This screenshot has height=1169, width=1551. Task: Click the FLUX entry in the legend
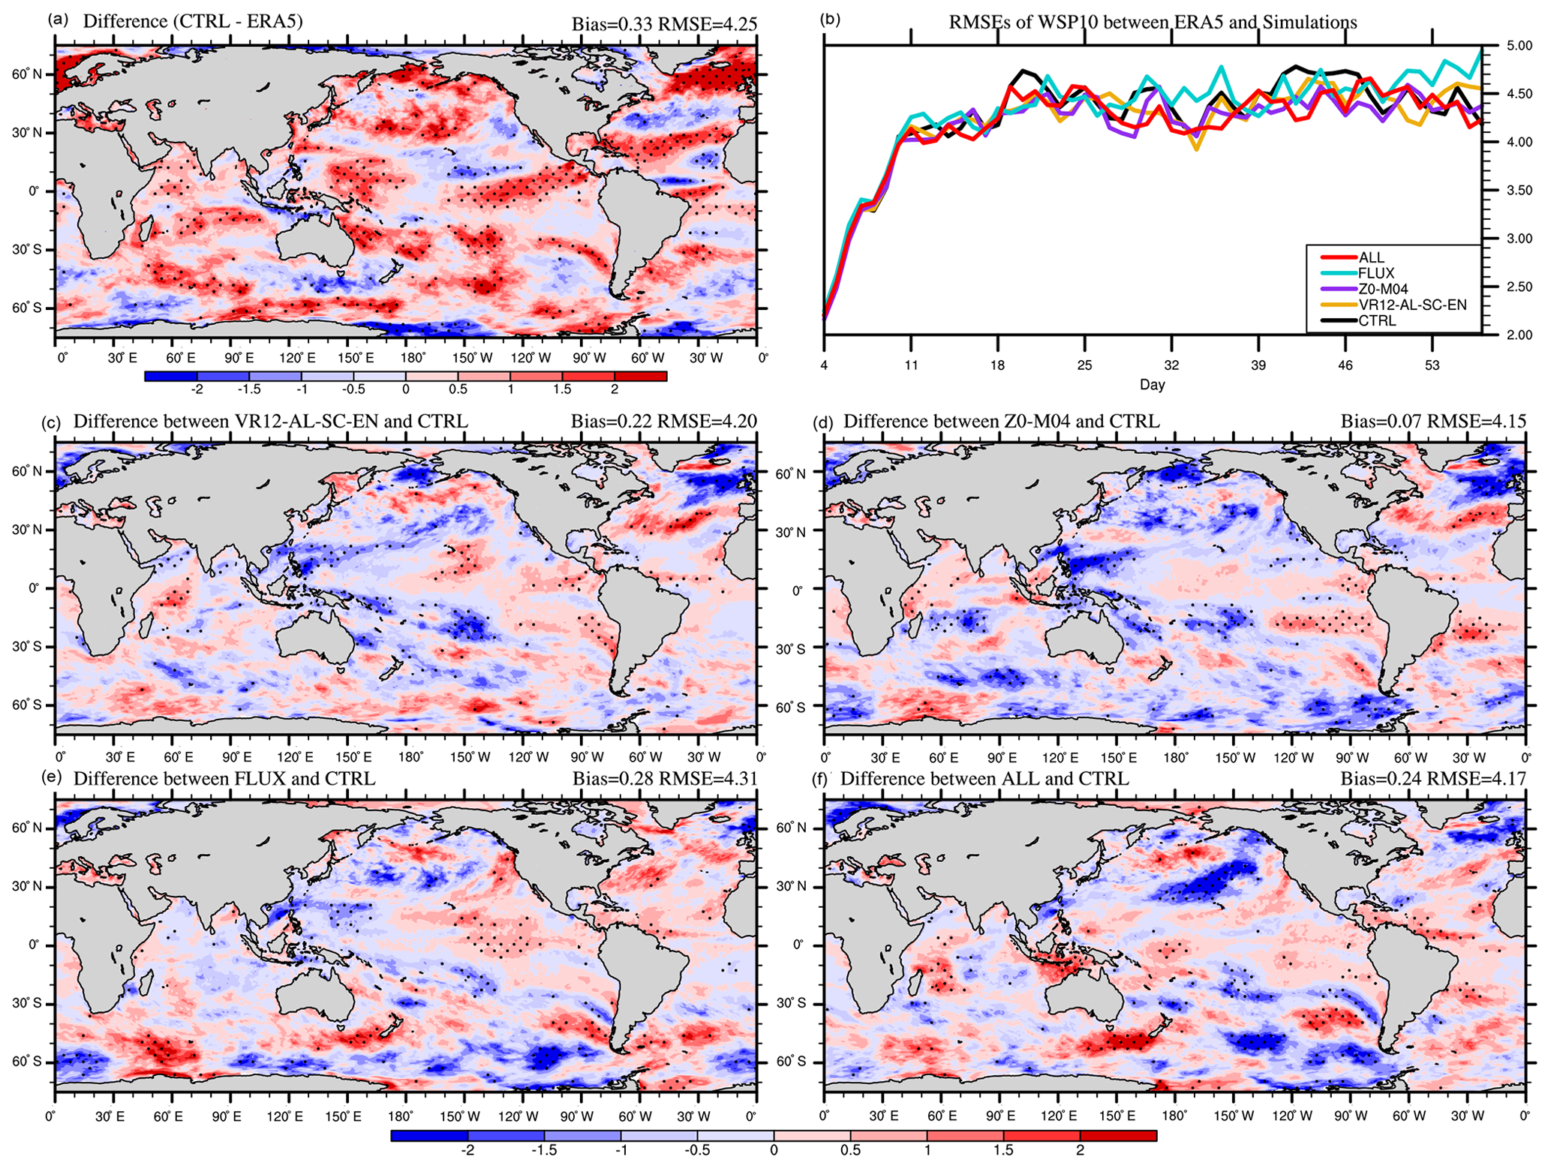1375,274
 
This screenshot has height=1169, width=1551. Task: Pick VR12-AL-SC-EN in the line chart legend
1411,305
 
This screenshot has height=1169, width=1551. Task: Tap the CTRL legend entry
1377,321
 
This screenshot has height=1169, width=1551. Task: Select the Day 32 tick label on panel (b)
1171,366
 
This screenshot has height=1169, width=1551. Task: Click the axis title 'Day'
1152,386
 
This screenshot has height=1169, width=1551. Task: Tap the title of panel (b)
1153,23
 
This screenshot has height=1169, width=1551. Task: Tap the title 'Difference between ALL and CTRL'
984,779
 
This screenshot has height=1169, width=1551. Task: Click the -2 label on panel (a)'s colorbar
197,389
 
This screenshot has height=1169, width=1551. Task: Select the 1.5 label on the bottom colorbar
1003,1150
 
